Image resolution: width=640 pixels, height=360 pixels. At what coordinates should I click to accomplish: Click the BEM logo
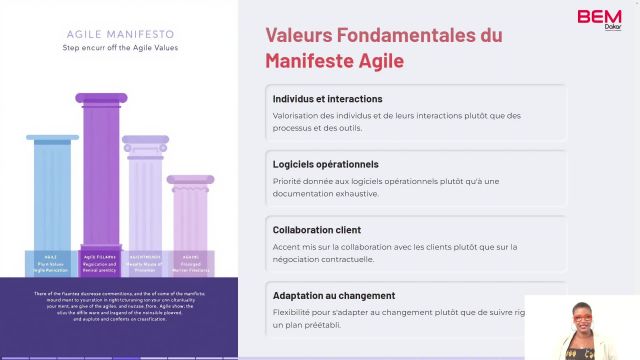pyautogui.click(x=599, y=16)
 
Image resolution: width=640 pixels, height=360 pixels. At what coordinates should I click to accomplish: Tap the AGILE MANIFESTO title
pyautogui.click(x=119, y=33)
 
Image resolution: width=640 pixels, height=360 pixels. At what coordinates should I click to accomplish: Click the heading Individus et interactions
pyautogui.click(x=327, y=99)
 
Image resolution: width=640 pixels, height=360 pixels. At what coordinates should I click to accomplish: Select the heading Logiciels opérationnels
pyautogui.click(x=325, y=164)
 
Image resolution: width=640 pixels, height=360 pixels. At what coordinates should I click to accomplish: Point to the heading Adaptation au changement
pyautogui.click(x=333, y=295)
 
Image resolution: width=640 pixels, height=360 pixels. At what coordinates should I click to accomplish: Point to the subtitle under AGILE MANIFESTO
pyautogui.click(x=119, y=46)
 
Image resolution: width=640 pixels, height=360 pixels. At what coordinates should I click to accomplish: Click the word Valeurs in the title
pyautogui.click(x=298, y=35)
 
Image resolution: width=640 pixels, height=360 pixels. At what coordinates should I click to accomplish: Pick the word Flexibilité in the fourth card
pyautogui.click(x=294, y=312)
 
